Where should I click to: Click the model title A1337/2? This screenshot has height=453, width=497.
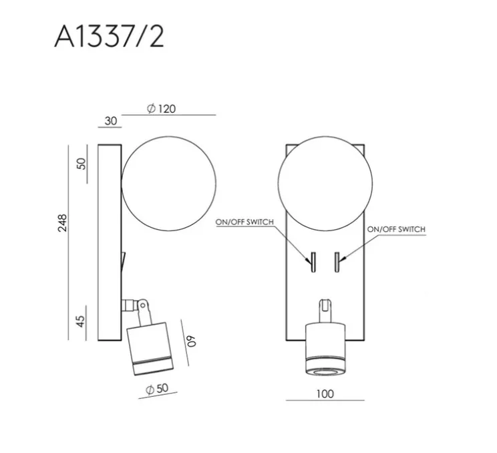(x=109, y=37)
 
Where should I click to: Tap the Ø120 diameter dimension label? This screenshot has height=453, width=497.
(x=161, y=109)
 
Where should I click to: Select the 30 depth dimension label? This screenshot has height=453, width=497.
(x=111, y=121)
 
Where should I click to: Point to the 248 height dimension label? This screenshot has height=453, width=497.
(x=63, y=223)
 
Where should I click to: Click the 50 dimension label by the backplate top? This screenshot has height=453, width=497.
(x=81, y=164)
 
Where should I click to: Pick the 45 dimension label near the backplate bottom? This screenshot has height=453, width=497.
(x=81, y=321)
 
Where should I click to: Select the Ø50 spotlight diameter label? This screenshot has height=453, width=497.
(x=157, y=389)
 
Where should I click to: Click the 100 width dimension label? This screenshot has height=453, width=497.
(x=325, y=394)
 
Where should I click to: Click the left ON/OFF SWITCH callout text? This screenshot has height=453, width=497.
(x=244, y=222)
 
